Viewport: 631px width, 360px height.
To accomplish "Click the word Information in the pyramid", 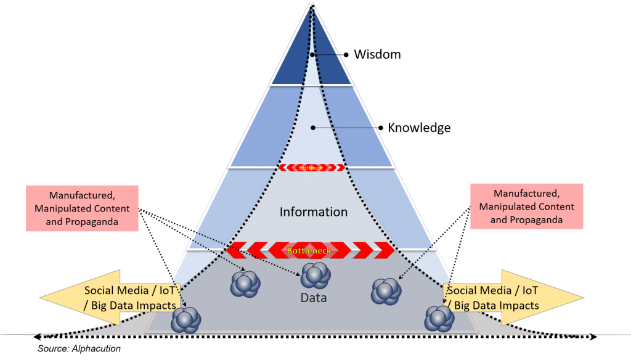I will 314,212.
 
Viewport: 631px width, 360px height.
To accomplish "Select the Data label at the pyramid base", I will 313,298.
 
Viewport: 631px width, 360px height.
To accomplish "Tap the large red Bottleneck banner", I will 311,251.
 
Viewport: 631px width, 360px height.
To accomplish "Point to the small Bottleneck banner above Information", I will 311,167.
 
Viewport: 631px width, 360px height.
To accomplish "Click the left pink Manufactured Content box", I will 82,208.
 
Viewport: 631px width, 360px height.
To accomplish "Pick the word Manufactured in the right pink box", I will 526,194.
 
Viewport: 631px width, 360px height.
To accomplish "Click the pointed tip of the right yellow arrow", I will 583,298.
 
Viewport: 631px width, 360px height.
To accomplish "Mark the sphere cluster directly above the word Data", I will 316,276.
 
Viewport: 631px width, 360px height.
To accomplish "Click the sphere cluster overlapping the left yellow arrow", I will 185,320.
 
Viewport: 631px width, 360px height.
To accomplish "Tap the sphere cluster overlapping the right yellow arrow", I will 439,318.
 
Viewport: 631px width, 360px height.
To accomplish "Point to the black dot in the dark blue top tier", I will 312,55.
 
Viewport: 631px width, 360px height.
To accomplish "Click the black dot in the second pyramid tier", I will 312,128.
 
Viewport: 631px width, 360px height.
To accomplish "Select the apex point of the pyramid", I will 313,3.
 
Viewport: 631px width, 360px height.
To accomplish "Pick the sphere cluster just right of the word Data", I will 386,290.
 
